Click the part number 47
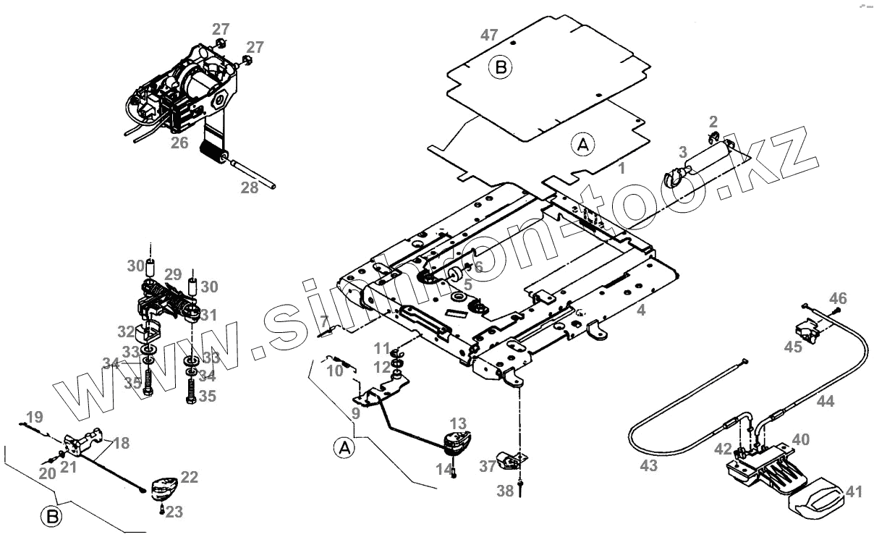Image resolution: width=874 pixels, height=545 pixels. point(490,35)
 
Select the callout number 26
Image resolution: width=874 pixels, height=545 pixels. point(179,143)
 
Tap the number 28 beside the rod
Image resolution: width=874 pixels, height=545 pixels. point(249,187)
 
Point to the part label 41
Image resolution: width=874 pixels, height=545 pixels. point(854,492)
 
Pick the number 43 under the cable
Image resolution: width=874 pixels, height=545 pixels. point(648,465)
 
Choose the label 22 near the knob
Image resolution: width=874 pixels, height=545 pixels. point(189,477)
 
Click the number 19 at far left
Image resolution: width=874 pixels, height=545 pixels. point(34,416)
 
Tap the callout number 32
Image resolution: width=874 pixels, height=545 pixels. point(126,332)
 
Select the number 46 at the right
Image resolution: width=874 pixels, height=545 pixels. point(837,298)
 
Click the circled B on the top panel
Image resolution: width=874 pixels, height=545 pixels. point(500,68)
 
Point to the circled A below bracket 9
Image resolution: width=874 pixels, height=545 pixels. point(344,448)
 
